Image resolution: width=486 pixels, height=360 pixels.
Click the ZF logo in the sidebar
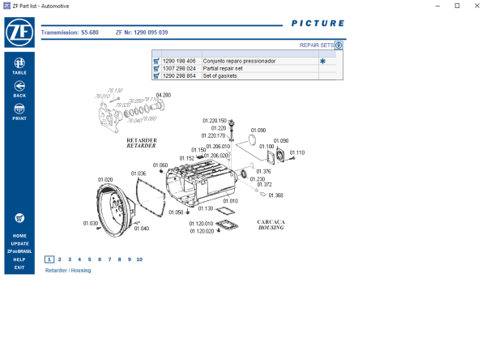click(19, 34)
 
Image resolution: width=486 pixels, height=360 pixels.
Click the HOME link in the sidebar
click(19, 236)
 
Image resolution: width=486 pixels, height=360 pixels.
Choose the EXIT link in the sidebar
click(19, 268)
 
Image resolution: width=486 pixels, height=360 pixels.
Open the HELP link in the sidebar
click(19, 259)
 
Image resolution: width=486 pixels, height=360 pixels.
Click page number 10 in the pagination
click(139, 259)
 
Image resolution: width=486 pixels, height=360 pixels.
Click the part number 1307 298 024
click(179, 68)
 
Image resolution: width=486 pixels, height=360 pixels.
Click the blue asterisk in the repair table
click(322, 61)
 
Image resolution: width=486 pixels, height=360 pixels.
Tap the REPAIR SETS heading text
click(316, 46)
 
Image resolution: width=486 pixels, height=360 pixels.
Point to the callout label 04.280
click(163, 95)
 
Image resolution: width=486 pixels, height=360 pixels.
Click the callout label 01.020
click(105, 179)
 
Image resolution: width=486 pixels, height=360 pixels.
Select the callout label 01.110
click(297, 152)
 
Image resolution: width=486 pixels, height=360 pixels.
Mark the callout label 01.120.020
click(202, 231)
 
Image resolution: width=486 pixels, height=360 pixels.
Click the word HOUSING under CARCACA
click(271, 228)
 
